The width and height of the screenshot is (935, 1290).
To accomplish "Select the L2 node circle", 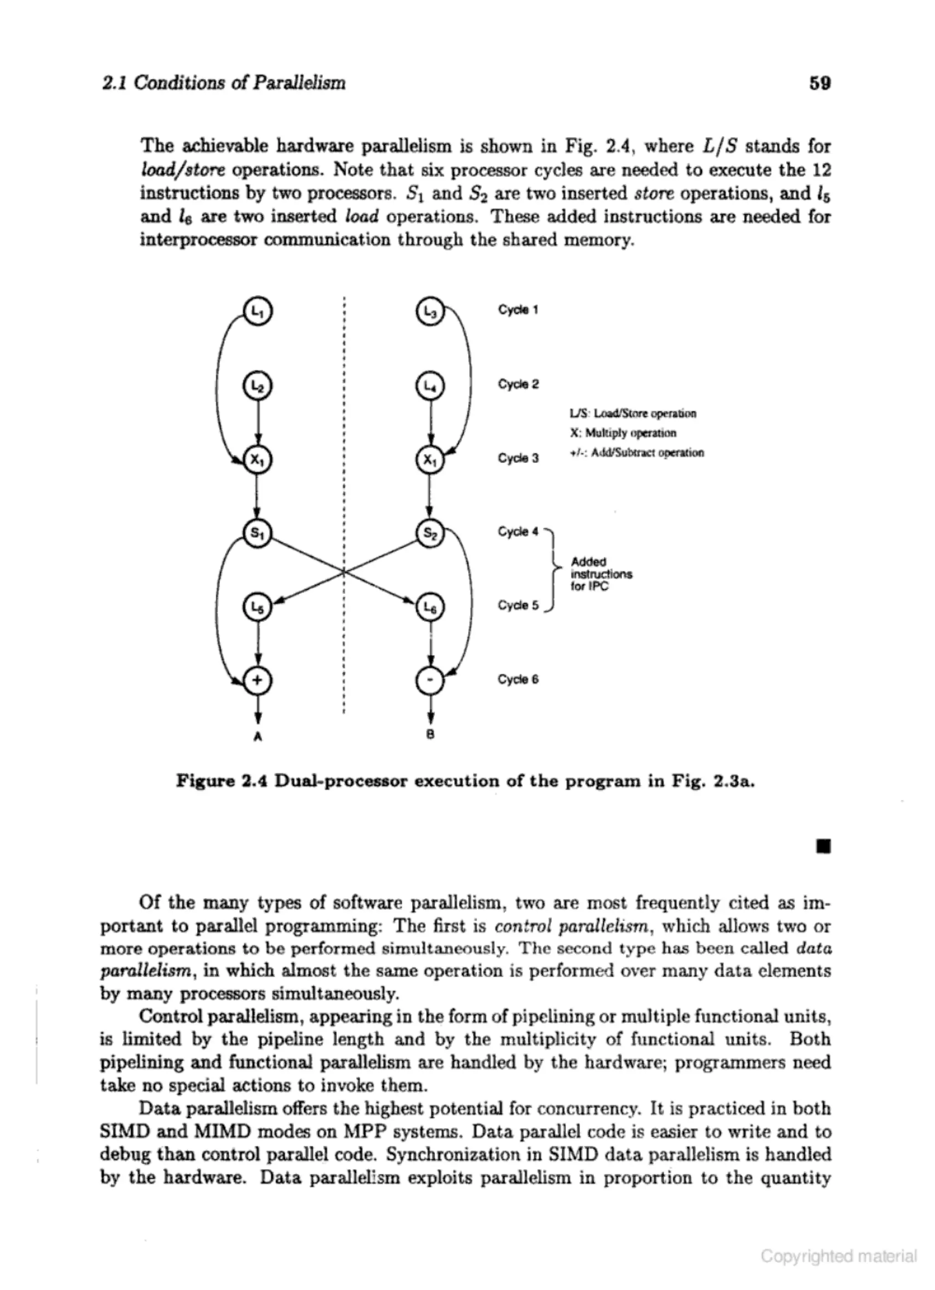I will click(258, 386).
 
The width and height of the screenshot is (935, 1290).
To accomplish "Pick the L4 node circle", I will click(431, 386).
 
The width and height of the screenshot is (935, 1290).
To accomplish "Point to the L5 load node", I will click(258, 608).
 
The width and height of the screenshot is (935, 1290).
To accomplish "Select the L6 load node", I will click(431, 608).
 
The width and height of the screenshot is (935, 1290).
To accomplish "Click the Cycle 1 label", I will click(518, 310).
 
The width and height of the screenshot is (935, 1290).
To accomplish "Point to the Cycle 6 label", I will click(518, 679).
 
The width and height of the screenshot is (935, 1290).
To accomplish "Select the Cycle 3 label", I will click(518, 458).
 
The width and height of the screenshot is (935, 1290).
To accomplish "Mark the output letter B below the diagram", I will click(431, 735).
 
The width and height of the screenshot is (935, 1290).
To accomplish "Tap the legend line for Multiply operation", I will click(623, 433).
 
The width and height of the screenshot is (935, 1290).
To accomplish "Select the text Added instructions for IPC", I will click(601, 574).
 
